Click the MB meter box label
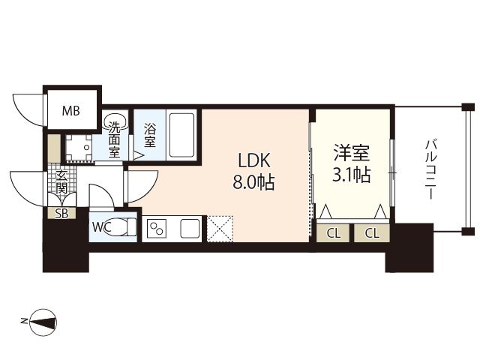coord(70,110)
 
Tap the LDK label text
coord(254,160)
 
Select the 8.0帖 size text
coord(253,182)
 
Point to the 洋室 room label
coord(352,152)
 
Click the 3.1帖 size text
coord(352,175)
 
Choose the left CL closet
coord(333,233)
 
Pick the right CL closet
coord(372,233)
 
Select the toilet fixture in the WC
coord(120,226)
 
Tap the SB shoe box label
coord(61,214)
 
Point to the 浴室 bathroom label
coord(150,135)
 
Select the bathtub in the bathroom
coord(182,135)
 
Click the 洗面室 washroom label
coord(114,139)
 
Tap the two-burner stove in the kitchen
coord(157,228)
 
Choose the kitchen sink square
coord(190,228)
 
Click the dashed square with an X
coord(220,229)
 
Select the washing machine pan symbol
coord(79,148)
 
